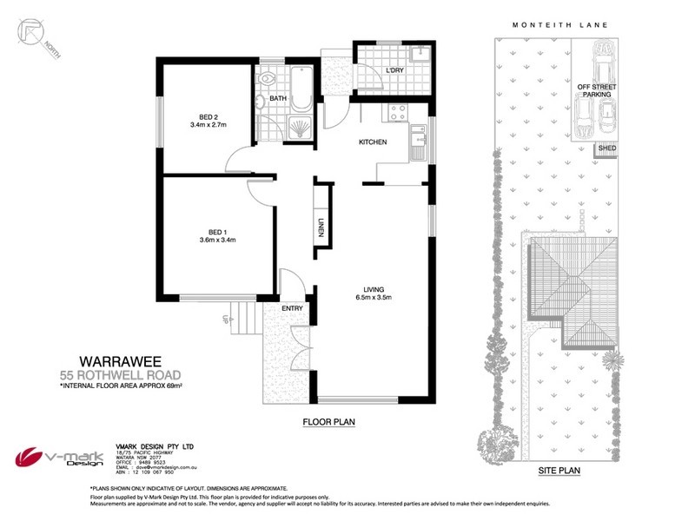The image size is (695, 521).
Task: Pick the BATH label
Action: click(278, 99)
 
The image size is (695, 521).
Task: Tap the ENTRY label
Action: click(291, 308)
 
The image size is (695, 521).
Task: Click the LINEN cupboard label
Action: click(320, 226)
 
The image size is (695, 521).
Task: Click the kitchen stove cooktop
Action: click(399, 112)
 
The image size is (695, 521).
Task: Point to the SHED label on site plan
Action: click(606, 149)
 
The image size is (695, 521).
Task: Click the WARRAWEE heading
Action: click(119, 359)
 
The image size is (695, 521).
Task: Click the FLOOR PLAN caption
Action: click(329, 423)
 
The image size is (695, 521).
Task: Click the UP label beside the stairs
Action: click(227, 318)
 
